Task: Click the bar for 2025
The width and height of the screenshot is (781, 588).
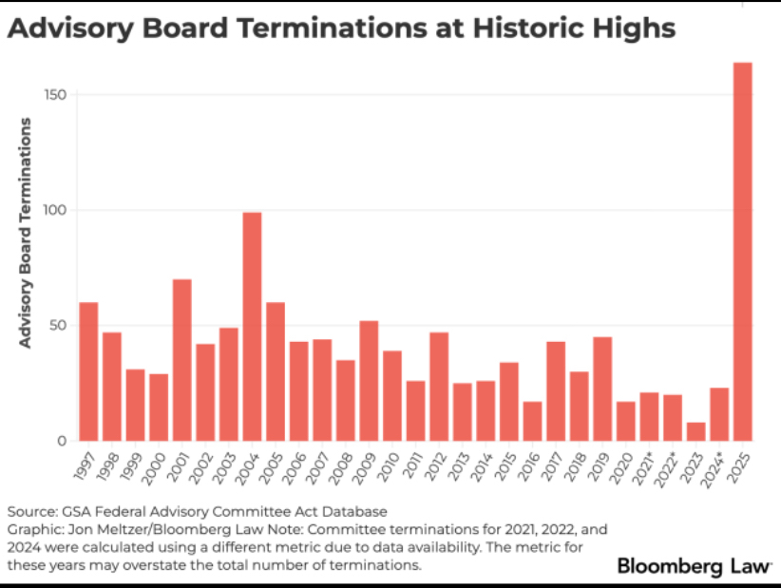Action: click(x=743, y=252)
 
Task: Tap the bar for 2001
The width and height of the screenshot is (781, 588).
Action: click(x=181, y=360)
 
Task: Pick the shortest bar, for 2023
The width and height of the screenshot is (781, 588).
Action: click(x=696, y=431)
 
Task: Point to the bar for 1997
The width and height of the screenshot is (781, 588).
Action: click(x=88, y=371)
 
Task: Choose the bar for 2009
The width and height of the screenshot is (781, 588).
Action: click(x=369, y=380)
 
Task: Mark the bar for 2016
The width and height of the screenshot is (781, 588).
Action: click(x=532, y=421)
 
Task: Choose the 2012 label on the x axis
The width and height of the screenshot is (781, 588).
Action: click(x=436, y=465)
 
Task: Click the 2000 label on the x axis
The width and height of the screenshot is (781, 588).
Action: click(x=156, y=465)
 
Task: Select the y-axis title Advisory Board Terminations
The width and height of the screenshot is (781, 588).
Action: click(x=26, y=233)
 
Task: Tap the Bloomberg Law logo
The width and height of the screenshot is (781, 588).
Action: click(x=695, y=566)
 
